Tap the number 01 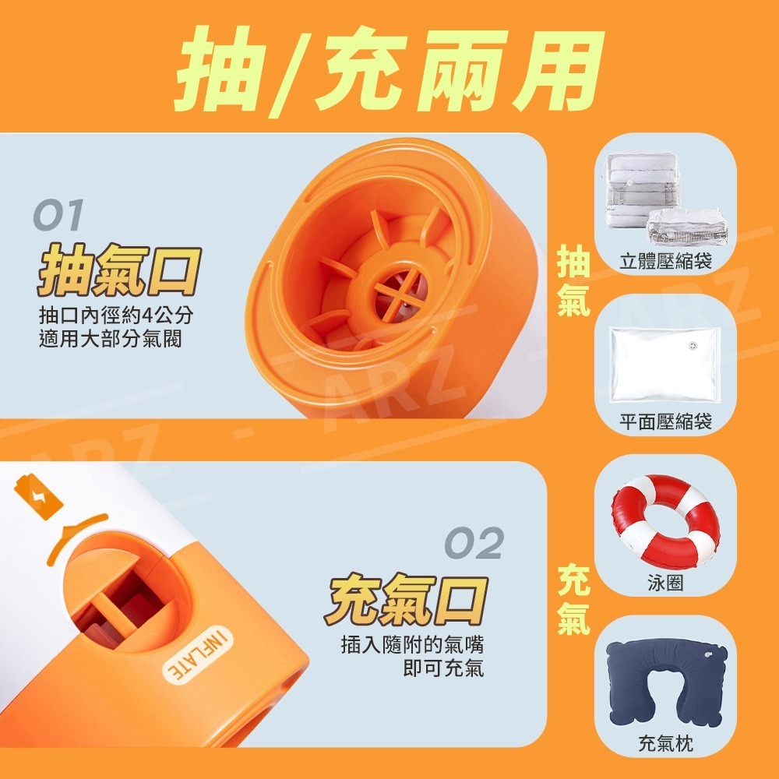[58, 215]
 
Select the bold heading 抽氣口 [119, 270]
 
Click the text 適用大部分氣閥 [111, 339]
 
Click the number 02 [474, 542]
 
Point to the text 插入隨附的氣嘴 [412, 645]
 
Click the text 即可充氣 [443, 668]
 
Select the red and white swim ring [665, 520]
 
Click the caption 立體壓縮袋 [665, 261]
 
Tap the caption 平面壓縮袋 [665, 421]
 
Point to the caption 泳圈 [665, 583]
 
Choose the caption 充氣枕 [665, 744]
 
